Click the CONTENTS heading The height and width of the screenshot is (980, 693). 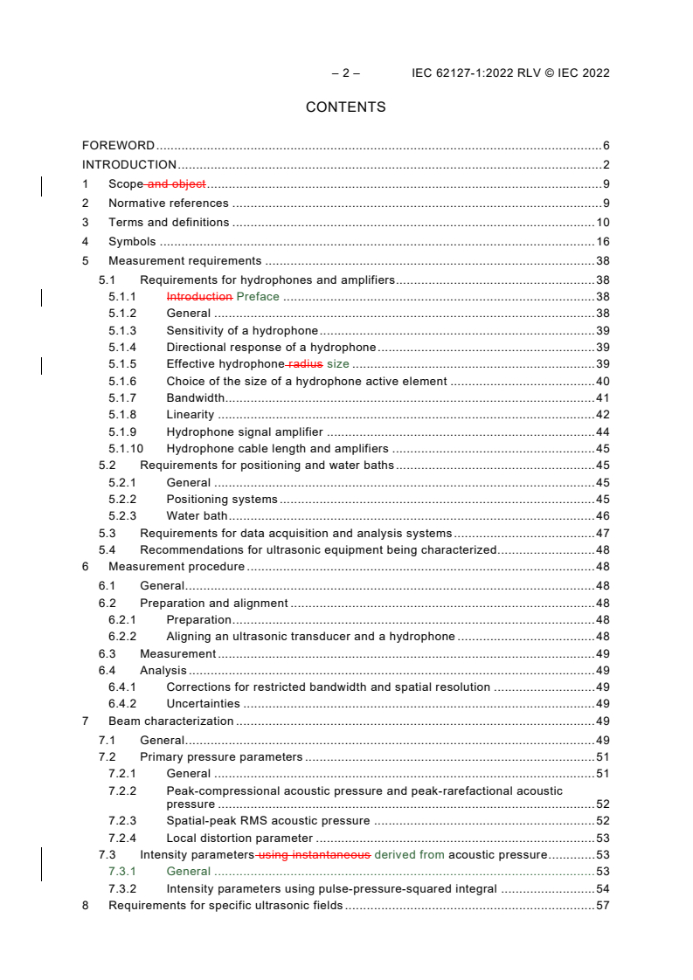click(x=345, y=107)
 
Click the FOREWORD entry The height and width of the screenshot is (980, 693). click(x=118, y=146)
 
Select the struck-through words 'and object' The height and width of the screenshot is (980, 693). click(x=177, y=183)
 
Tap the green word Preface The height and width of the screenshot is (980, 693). click(x=258, y=296)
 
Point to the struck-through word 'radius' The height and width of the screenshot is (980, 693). click(x=304, y=363)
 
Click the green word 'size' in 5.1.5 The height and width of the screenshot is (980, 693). click(x=337, y=363)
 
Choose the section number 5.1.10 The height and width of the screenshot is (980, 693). click(x=126, y=448)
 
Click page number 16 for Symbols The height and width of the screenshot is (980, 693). click(x=602, y=242)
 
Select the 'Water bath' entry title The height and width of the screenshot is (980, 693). click(x=197, y=515)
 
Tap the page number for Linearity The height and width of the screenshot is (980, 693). click(x=602, y=414)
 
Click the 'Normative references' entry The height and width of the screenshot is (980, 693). click(x=169, y=204)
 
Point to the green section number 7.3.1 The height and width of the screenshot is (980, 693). click(x=122, y=871)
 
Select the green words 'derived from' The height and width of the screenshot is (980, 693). click(x=409, y=854)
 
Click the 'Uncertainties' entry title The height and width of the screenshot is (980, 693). click(x=203, y=703)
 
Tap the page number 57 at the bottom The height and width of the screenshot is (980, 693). click(x=602, y=906)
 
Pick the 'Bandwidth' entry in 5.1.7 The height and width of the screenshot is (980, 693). click(x=196, y=397)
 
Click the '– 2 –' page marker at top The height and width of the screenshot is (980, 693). click(x=345, y=73)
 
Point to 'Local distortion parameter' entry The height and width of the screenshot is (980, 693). click(x=239, y=838)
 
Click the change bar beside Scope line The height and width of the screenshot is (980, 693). click(x=43, y=183)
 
